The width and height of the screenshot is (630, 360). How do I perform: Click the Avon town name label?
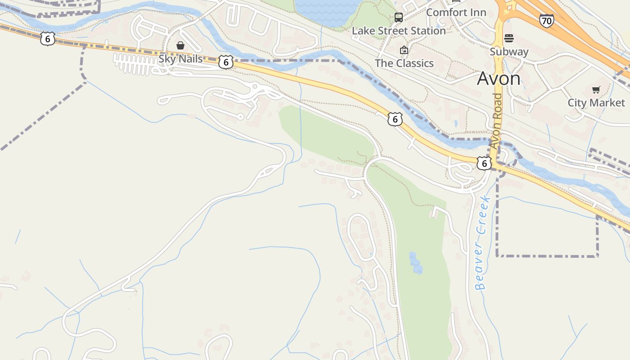(x=499, y=79)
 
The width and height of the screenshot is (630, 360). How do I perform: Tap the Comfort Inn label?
(x=456, y=12)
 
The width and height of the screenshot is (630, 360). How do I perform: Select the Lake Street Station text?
(x=399, y=31)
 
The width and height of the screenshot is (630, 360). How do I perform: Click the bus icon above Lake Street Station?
(x=399, y=18)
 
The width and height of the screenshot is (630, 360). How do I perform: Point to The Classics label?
(x=404, y=63)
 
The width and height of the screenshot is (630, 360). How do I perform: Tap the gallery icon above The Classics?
(x=404, y=50)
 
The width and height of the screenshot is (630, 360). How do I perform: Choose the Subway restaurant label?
(x=509, y=51)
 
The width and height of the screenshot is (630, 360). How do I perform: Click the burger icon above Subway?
(x=509, y=38)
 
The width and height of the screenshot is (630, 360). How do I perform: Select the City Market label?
(x=596, y=103)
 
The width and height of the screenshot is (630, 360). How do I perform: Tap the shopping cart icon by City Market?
(x=596, y=90)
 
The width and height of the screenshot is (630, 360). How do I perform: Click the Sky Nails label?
(x=180, y=58)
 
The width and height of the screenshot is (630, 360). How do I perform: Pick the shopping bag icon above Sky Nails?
(x=180, y=45)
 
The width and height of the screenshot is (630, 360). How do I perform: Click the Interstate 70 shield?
(x=546, y=20)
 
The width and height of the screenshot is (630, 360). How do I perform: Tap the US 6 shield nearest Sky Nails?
(x=226, y=62)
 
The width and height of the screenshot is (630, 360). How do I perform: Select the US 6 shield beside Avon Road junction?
(x=484, y=163)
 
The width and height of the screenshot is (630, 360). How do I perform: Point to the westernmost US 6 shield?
(x=47, y=39)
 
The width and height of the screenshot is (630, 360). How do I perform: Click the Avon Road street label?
(x=496, y=121)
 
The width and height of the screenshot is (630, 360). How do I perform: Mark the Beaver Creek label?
(x=481, y=243)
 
